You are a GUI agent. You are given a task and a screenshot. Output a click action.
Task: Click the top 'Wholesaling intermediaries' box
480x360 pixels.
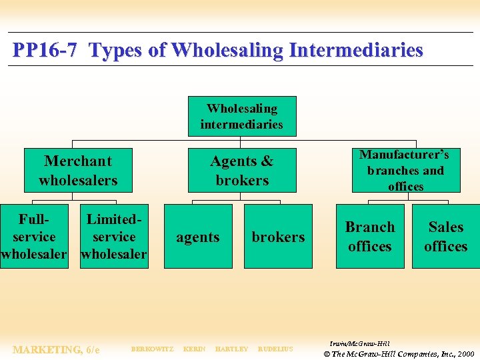[241, 116]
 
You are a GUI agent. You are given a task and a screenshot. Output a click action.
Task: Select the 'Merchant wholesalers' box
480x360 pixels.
[78, 171]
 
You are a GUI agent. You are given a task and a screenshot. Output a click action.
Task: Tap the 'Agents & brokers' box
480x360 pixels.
[241, 171]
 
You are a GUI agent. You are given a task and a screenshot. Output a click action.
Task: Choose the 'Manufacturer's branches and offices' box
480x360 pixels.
[405, 171]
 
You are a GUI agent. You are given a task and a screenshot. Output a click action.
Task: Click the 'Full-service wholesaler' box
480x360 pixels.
[34, 237]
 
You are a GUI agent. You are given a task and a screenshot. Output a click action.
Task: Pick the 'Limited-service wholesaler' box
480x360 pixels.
[114, 237]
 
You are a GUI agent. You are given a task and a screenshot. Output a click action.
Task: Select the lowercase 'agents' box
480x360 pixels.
[198, 237]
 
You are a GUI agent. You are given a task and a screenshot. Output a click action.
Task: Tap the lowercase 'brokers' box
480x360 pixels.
[278, 237]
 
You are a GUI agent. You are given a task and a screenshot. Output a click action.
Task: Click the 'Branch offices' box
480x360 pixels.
[370, 237]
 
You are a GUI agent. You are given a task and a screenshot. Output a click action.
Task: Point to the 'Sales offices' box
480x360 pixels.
[445, 237]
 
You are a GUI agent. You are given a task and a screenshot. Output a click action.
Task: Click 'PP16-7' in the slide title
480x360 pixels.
[45, 51]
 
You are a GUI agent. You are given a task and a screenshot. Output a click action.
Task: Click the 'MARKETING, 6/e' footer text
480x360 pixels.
[56, 349]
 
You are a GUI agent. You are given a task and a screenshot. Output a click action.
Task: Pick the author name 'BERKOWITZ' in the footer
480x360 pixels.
[152, 349]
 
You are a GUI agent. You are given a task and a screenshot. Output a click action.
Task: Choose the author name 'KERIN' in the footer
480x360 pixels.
[194, 349]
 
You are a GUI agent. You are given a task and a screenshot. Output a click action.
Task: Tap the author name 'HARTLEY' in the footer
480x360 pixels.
[231, 349]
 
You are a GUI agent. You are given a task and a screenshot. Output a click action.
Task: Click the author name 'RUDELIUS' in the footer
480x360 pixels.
[275, 349]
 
